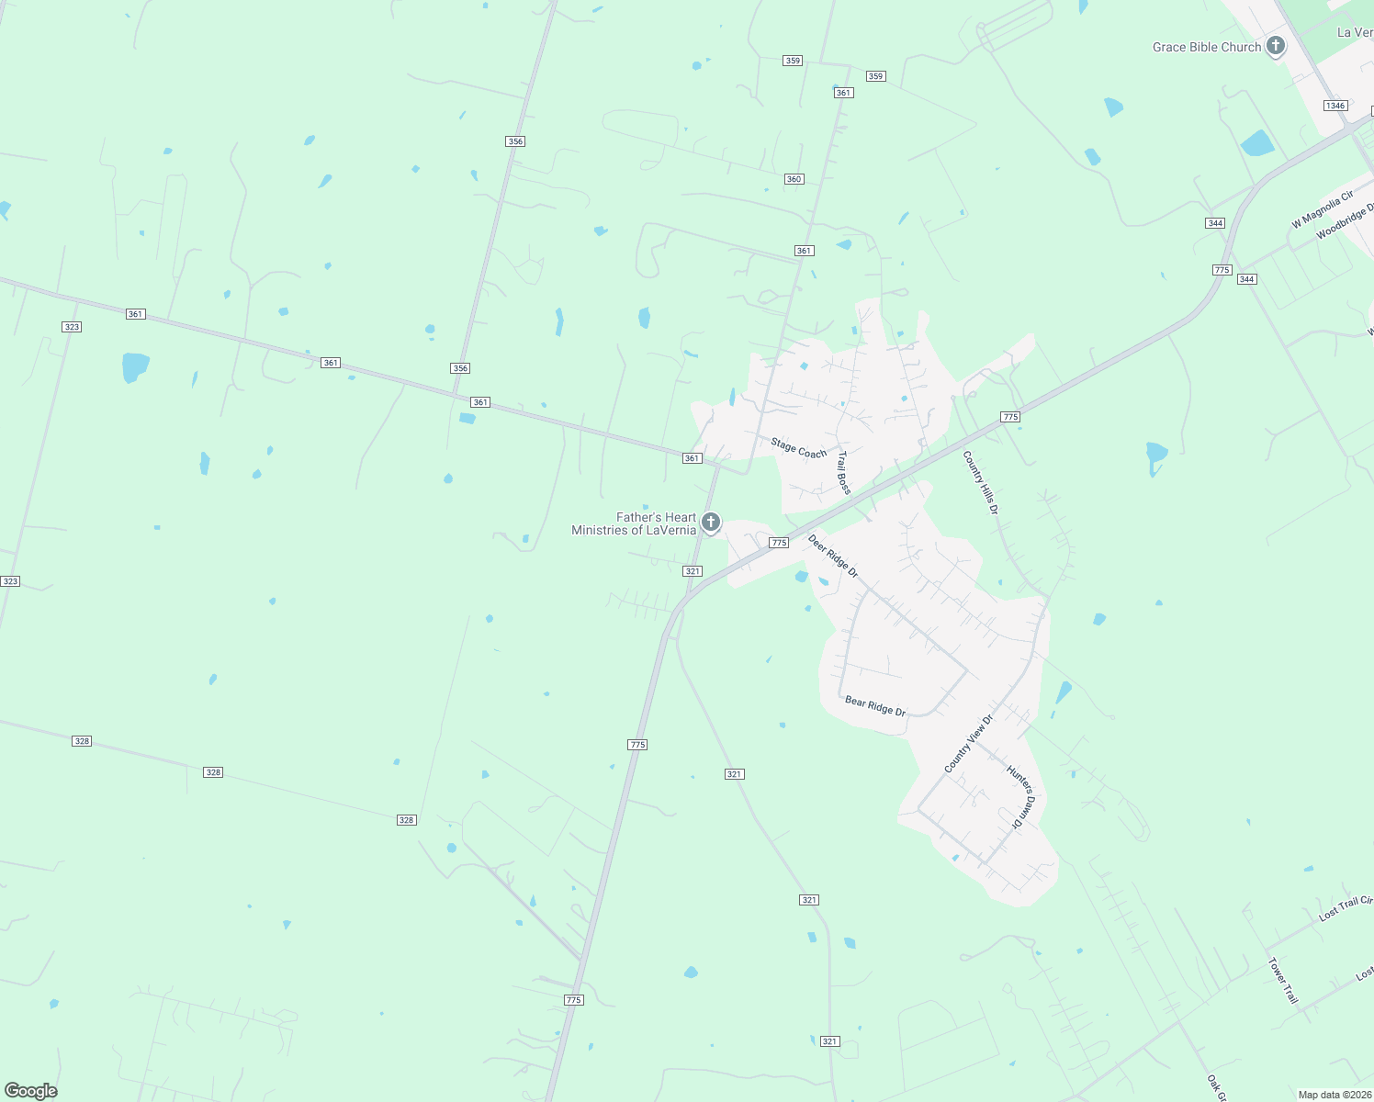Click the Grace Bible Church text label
[1206, 47]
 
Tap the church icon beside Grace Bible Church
[1275, 45]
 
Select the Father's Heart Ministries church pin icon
[710, 523]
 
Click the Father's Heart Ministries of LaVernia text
[634, 523]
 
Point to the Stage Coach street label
[798, 448]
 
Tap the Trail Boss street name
[844, 472]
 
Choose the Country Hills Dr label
[980, 482]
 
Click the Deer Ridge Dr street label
[833, 557]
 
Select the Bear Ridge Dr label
[875, 706]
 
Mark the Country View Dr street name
[969, 744]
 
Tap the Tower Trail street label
[1283, 981]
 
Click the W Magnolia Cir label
[1323, 209]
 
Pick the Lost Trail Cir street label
[1346, 908]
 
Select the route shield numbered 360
[794, 179]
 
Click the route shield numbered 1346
[1335, 106]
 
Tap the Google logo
[30, 1091]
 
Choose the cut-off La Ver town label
[1355, 32]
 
